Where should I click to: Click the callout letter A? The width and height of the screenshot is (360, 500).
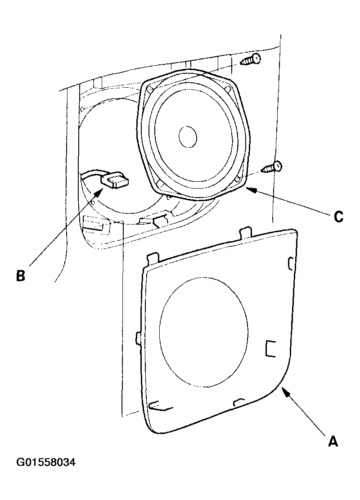[x=333, y=441]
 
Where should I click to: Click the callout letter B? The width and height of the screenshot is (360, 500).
[x=21, y=275]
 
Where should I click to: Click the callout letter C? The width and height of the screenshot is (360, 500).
[x=338, y=216]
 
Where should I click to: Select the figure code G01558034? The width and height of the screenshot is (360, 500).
[x=46, y=462]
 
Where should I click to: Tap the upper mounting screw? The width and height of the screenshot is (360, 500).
[x=251, y=59]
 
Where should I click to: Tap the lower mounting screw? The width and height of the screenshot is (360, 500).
[x=272, y=167]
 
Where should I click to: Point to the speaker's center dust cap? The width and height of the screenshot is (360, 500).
[x=188, y=136]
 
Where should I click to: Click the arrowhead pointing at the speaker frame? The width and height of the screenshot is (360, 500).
[x=252, y=190]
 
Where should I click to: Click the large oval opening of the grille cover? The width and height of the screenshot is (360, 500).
[x=203, y=332]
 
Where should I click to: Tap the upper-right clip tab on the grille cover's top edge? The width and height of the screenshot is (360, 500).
[x=245, y=233]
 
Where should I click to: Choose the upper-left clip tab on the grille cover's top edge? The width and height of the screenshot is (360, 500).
[x=152, y=259]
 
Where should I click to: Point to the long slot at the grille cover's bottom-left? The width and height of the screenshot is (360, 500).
[x=161, y=405]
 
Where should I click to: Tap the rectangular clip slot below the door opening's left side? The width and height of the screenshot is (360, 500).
[x=93, y=224]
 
